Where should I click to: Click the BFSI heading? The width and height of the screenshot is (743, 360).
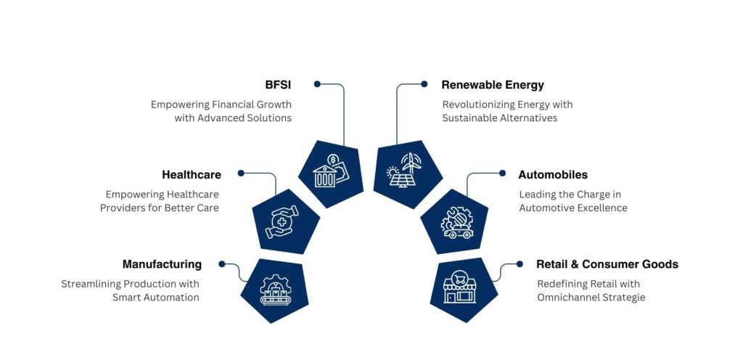click(278, 85)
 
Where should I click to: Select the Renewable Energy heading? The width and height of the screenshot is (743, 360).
click(493, 85)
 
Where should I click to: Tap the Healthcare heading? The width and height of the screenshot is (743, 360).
click(192, 175)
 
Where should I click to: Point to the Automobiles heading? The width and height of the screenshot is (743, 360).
click(553, 175)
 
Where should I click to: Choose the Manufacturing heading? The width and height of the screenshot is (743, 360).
click(162, 264)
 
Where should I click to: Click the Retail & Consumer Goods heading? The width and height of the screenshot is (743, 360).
click(607, 264)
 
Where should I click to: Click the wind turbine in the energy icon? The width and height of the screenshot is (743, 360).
click(409, 163)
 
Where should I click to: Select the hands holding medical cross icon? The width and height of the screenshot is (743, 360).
click(282, 221)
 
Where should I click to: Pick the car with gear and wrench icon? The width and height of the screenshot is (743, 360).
click(456, 221)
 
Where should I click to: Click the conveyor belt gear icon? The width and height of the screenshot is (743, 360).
click(276, 289)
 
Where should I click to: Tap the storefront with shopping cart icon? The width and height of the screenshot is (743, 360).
click(459, 286)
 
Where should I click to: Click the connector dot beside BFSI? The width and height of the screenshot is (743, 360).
click(317, 84)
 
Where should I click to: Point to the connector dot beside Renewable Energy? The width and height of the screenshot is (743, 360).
click(424, 84)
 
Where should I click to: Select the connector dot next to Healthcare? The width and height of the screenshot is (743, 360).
click(241, 173)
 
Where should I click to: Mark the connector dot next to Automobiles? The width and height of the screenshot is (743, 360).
click(503, 173)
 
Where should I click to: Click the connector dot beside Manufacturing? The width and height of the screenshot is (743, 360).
click(221, 263)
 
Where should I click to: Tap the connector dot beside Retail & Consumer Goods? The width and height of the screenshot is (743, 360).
click(520, 264)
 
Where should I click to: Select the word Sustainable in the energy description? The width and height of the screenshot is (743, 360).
click(469, 118)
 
